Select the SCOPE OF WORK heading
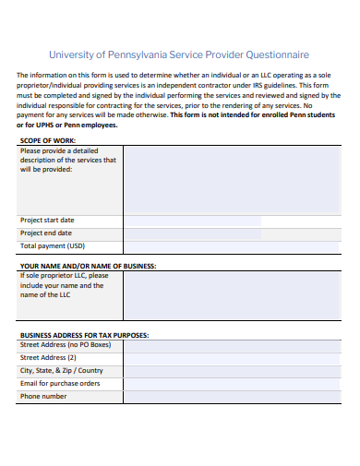pos(48,141)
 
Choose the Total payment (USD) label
pos(52,246)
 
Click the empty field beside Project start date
pos(231,221)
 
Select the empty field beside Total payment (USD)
pos(231,246)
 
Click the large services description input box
pos(231,179)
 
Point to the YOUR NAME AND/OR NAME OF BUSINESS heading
pos(88,266)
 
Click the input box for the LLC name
pos(231,294)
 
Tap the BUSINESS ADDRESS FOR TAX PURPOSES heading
pos(84,335)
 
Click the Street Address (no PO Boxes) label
pos(65,344)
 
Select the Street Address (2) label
pos(48,357)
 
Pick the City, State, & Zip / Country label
pos(62,370)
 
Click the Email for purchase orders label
pos(60,383)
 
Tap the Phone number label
pos(43,396)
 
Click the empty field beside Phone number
pos(231,396)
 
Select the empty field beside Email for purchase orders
pos(231,383)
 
